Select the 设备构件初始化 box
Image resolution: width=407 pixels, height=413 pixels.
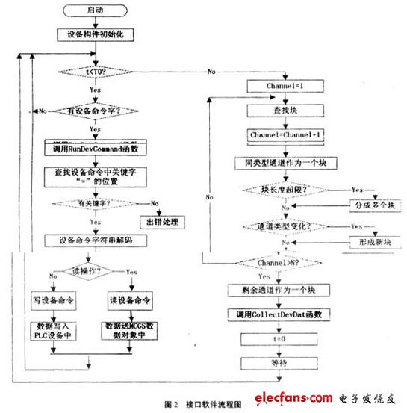(x=96, y=33)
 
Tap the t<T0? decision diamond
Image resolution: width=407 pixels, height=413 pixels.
(x=96, y=72)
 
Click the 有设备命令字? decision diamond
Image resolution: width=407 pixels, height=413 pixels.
(x=96, y=110)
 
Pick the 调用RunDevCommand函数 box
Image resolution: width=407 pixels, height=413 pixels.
(x=96, y=148)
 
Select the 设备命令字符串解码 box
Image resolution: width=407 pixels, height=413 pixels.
(x=96, y=240)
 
